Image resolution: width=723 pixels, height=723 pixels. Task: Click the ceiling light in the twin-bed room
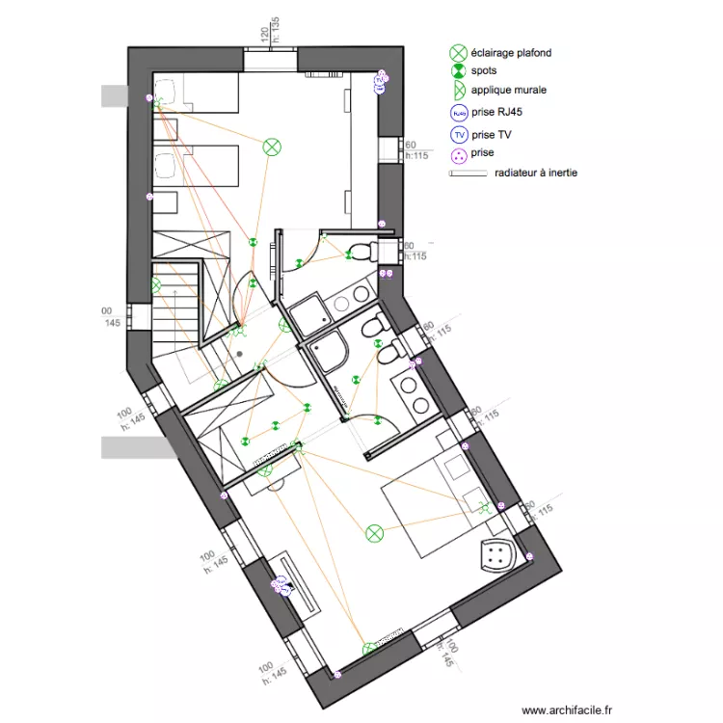(273, 147)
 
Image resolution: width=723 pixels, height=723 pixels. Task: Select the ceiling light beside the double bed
(374, 531)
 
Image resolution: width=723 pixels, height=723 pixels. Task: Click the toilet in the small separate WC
(362, 253)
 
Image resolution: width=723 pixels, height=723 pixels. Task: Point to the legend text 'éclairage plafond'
(511, 54)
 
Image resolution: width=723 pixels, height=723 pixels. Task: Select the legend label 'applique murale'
(509, 90)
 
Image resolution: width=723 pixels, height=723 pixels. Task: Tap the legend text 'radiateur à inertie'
(536, 174)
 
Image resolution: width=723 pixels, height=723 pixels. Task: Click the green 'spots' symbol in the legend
(459, 71)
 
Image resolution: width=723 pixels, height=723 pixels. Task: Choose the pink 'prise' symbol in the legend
(459, 153)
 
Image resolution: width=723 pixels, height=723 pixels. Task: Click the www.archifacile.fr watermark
(567, 709)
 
